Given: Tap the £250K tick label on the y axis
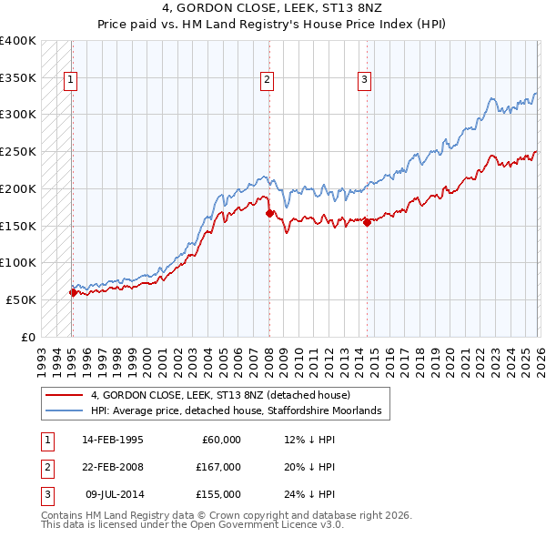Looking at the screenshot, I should pyautogui.click(x=18, y=151).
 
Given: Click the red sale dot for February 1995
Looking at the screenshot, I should pyautogui.click(x=73, y=292).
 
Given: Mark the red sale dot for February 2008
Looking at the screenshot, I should pyautogui.click(x=269, y=213).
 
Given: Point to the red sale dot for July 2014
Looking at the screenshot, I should pyautogui.click(x=367, y=221).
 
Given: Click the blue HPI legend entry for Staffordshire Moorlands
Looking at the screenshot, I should pyautogui.click(x=241, y=411).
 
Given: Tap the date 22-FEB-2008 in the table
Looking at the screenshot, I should pyautogui.click(x=112, y=467).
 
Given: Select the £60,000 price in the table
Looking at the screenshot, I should pyautogui.click(x=219, y=440).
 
